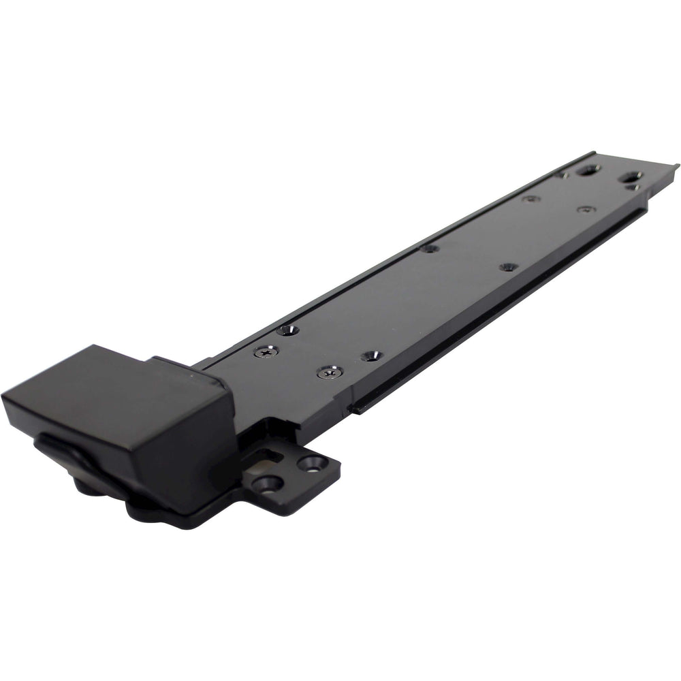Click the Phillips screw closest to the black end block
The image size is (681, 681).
point(266,352)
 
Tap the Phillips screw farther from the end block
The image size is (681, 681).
point(330,372)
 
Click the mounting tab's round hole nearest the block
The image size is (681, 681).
point(268,484)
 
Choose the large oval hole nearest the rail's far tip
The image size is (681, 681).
point(631,176)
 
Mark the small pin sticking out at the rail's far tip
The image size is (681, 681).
point(676,165)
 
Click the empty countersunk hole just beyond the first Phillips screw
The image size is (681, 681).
point(287,330)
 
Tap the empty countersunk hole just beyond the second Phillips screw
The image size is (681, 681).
point(372,355)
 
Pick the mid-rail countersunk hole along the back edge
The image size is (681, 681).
point(429,248)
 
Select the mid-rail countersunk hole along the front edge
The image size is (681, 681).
point(508,267)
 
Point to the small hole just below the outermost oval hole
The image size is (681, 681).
point(634,187)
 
